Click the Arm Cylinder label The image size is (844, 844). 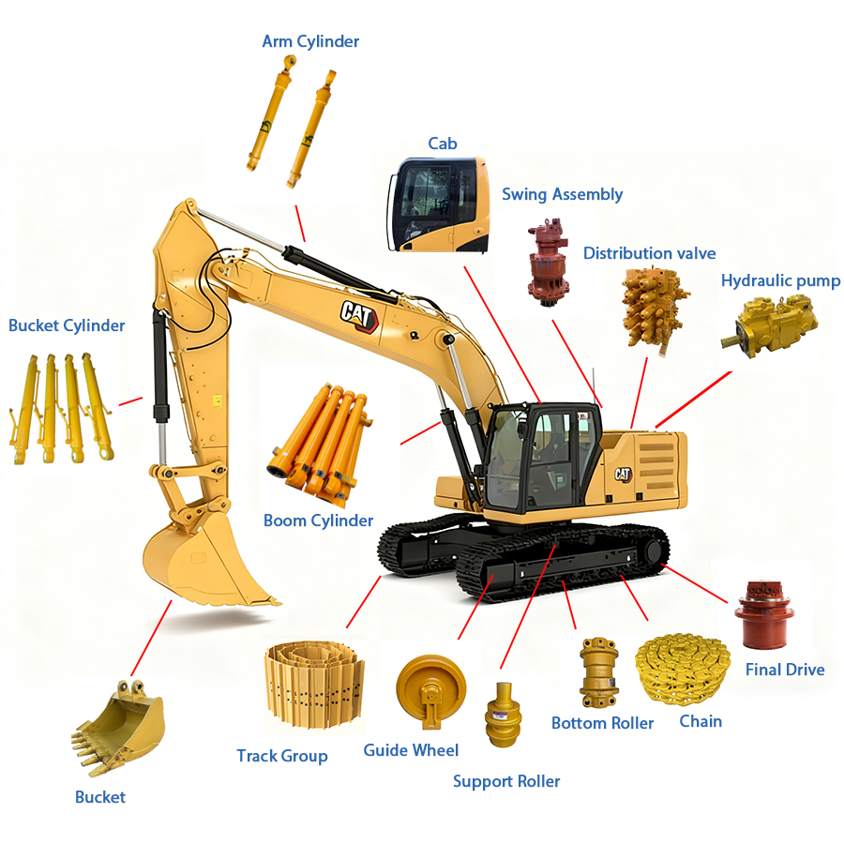click(x=310, y=41)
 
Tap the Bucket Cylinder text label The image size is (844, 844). click(x=67, y=325)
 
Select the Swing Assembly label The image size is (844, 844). click(x=562, y=194)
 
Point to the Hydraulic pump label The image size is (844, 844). click(x=780, y=280)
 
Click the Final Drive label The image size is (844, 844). click(x=785, y=669)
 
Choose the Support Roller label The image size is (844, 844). click(x=506, y=781)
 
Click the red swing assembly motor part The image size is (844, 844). click(x=548, y=263)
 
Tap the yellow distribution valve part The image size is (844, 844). click(x=654, y=309)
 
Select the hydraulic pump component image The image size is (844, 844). click(x=769, y=324)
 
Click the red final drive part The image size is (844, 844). click(x=765, y=614)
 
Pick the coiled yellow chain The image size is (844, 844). click(x=683, y=669)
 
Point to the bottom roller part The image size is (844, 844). click(x=598, y=671)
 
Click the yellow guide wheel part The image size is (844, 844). click(x=430, y=690)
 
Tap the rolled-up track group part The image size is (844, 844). click(x=314, y=685)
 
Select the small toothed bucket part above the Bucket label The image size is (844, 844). click(x=118, y=727)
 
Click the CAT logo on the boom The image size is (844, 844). click(x=359, y=316)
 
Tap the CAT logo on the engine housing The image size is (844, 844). click(x=623, y=475)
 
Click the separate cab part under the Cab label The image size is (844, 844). click(x=439, y=204)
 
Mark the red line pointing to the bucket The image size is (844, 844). click(x=151, y=639)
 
